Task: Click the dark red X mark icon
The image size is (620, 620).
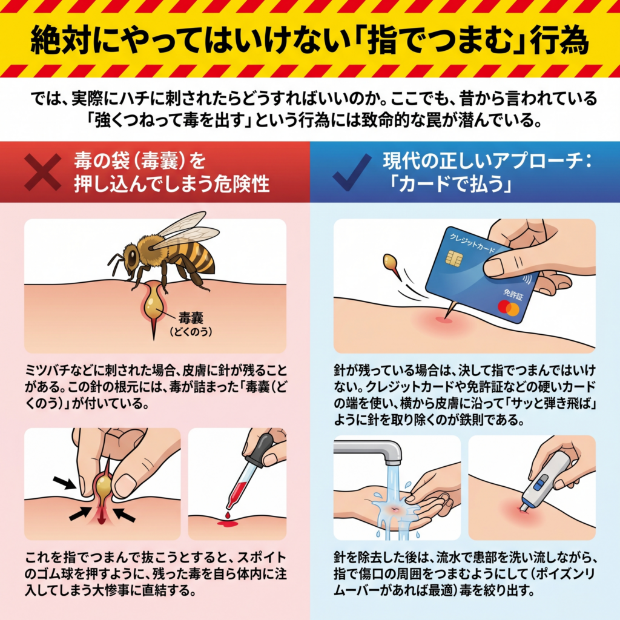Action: [43, 172]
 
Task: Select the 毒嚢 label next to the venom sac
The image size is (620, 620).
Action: [191, 317]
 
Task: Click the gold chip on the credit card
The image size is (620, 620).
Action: [454, 258]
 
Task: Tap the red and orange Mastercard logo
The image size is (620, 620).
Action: [509, 308]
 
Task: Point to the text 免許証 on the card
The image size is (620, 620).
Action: [513, 294]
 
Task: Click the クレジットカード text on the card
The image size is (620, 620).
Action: [472, 243]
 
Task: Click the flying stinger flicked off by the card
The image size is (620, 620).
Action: [392, 265]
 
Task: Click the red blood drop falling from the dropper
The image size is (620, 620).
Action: [228, 515]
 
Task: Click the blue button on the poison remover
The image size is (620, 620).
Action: [539, 484]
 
